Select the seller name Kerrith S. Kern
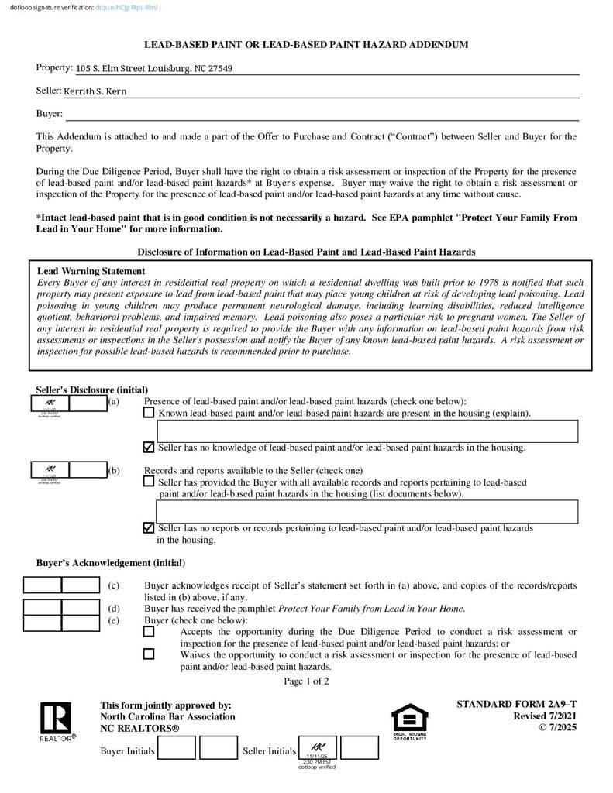(95, 91)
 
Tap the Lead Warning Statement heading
(91, 271)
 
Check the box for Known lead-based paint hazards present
(149, 413)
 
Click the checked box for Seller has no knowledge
(149, 447)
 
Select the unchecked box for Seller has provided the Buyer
(149, 481)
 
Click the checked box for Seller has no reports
(149, 527)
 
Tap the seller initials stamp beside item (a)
(50, 404)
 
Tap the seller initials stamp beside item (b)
(50, 470)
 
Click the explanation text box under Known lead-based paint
(367, 431)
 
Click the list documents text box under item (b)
(367, 511)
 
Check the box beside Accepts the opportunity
(149, 631)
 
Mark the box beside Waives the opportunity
(149, 654)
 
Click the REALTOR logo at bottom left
(56, 721)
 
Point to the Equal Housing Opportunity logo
(409, 721)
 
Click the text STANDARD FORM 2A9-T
(516, 704)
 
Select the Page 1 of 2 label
(306, 681)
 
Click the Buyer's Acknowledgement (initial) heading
(110, 563)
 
